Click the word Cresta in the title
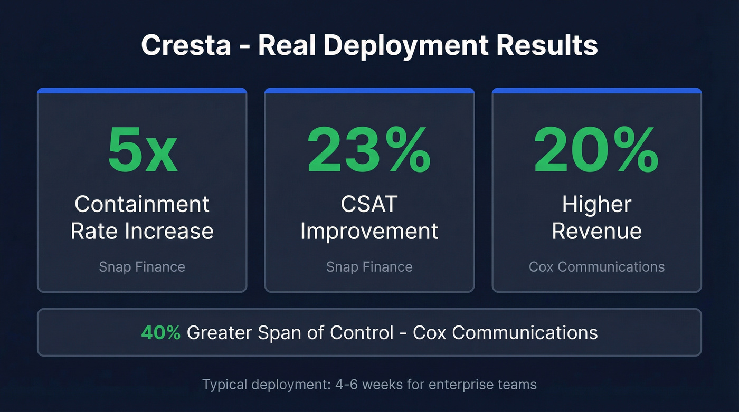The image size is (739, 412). click(x=186, y=45)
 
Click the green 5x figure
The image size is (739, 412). click(x=142, y=150)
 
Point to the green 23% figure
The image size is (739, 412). click(x=369, y=150)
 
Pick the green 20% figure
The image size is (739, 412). click(x=596, y=150)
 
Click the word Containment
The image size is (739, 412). click(x=142, y=205)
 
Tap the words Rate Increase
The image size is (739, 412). click(x=142, y=232)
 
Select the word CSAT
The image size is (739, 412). click(x=369, y=205)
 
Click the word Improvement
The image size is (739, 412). click(x=369, y=232)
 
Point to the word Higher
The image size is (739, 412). click(x=596, y=205)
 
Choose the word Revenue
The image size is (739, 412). click(x=596, y=232)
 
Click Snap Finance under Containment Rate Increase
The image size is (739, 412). click(x=142, y=267)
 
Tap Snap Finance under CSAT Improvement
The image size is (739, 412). click(x=369, y=267)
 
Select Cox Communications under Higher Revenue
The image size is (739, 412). click(x=596, y=267)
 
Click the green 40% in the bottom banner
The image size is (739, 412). click(x=161, y=332)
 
